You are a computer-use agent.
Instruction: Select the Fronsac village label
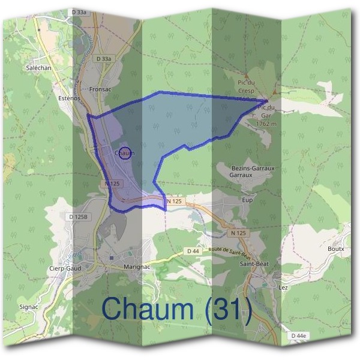tap(100, 89)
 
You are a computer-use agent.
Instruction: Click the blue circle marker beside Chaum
tap(125, 154)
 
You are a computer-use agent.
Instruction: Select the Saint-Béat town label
tap(254, 263)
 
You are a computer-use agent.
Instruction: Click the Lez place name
tap(284, 287)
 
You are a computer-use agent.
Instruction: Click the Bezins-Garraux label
tap(253, 169)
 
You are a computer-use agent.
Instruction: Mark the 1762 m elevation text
tap(265, 123)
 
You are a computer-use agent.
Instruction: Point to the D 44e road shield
tap(298, 335)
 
